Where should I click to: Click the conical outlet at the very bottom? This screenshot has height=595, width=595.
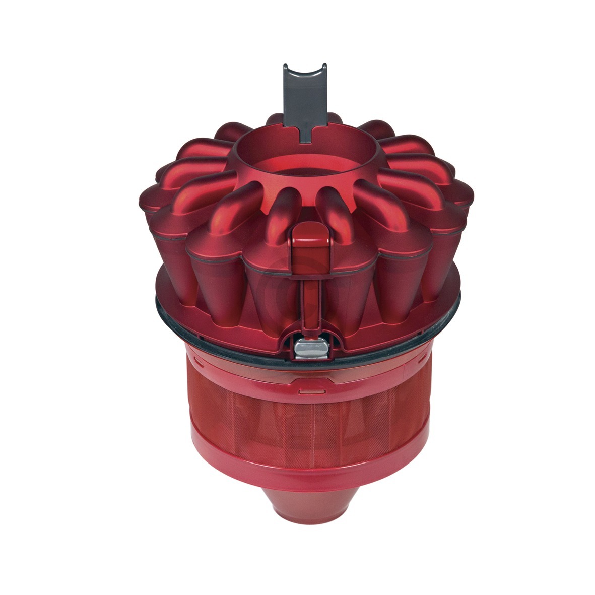point(306,509)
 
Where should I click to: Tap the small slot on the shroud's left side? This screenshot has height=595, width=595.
point(197,362)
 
